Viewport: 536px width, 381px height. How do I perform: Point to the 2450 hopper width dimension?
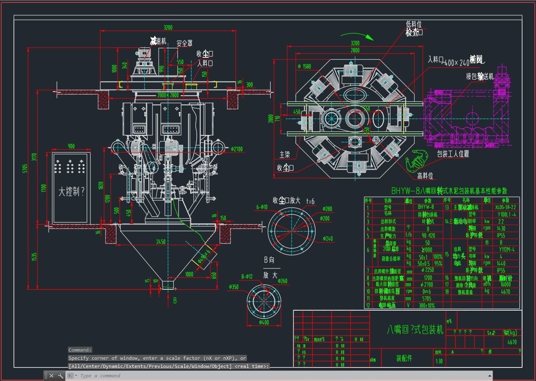pos(161,242)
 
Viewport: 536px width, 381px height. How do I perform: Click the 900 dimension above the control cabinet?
pos(71,146)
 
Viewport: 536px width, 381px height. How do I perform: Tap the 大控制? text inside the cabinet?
pos(71,192)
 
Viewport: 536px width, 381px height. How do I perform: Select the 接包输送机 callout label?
pos(480,77)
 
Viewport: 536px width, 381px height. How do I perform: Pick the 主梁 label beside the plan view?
pos(285,155)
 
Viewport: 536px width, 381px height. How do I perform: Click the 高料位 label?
pos(425,176)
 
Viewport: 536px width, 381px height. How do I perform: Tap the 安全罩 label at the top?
pos(184,43)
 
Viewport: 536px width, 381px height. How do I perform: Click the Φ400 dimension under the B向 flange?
pos(264,322)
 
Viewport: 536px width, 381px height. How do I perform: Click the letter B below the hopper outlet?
pos(175,300)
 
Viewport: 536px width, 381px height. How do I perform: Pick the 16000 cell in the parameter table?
pos(505,284)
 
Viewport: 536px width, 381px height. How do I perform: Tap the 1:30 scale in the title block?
pos(439,361)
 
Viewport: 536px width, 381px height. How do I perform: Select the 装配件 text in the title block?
pos(404,358)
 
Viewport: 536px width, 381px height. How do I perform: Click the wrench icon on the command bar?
pos(61,376)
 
